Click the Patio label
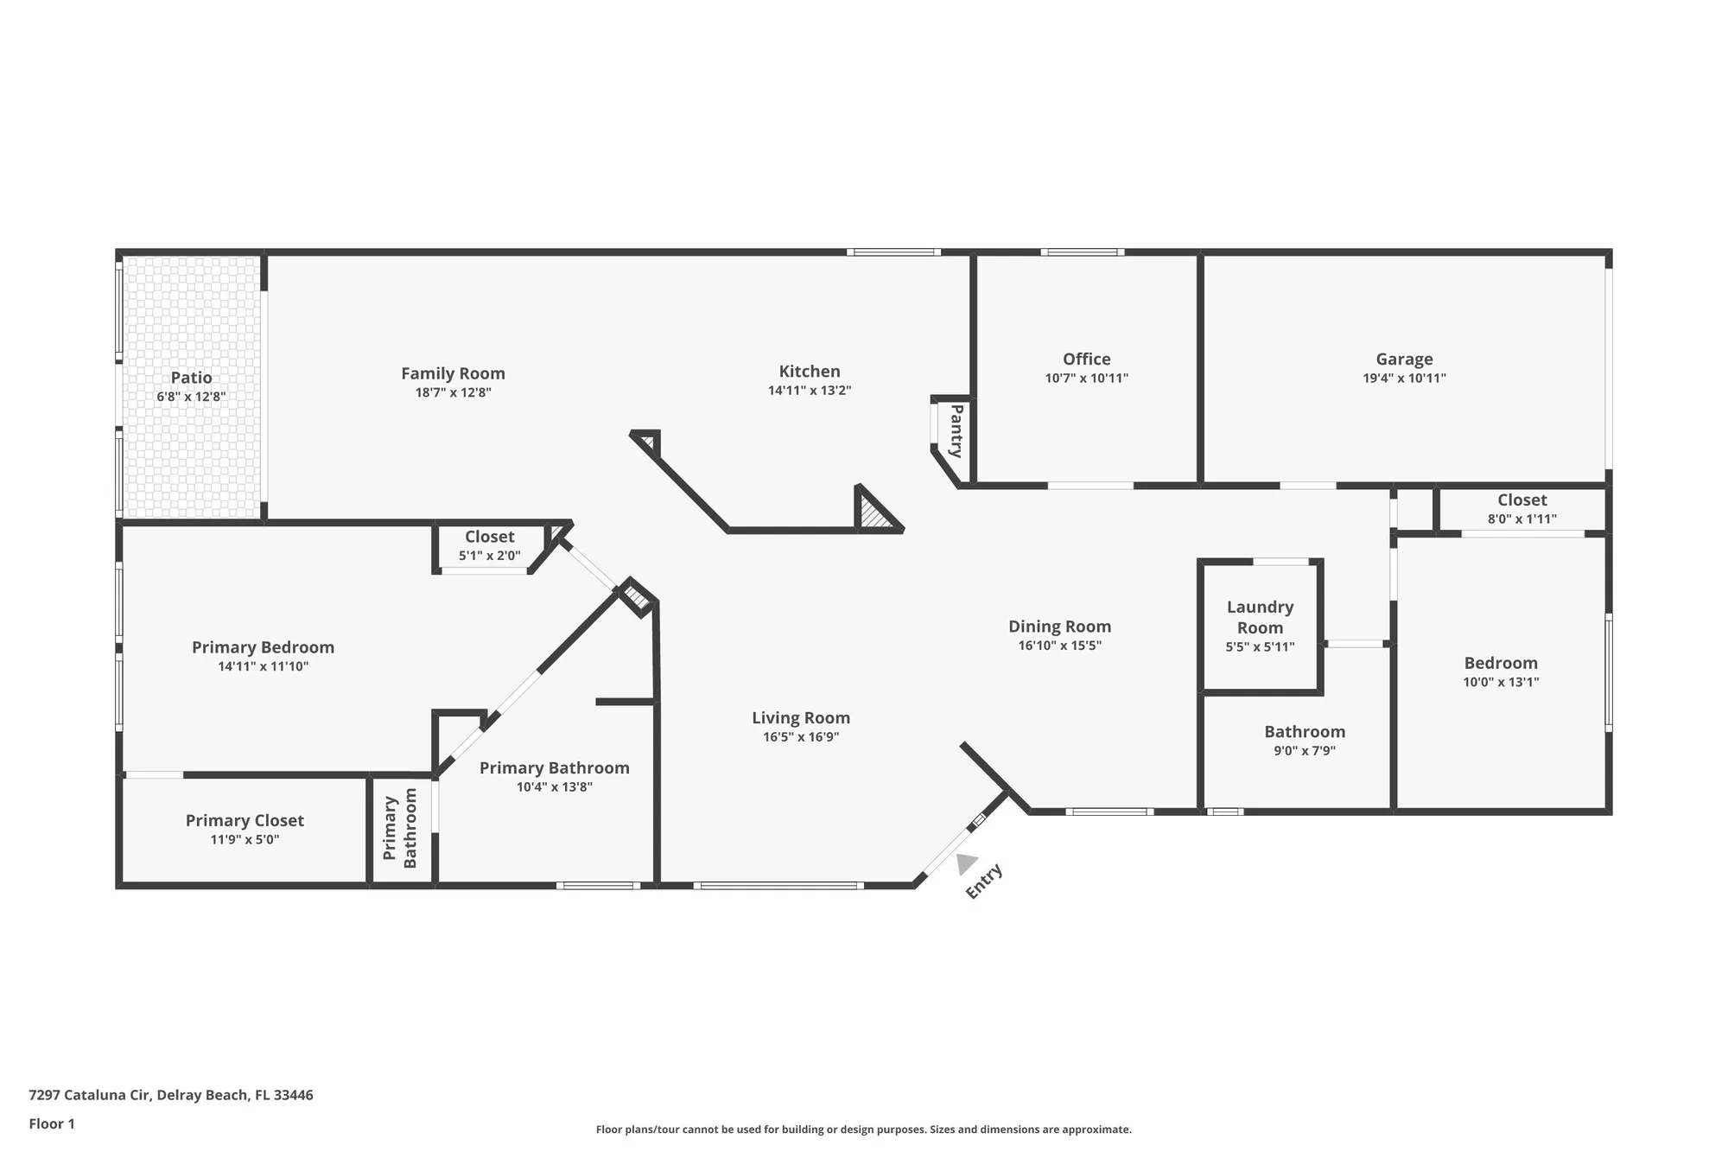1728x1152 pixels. click(191, 378)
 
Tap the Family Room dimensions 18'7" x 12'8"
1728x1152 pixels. click(453, 392)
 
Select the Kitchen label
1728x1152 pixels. click(810, 372)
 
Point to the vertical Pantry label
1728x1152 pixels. click(956, 430)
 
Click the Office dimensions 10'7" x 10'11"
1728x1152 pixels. click(1086, 378)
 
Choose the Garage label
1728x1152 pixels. click(1404, 360)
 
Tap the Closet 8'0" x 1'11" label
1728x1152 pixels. click(1522, 500)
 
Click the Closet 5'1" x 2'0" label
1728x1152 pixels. click(489, 537)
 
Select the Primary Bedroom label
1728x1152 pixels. click(263, 647)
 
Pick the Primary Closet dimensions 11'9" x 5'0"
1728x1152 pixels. click(245, 839)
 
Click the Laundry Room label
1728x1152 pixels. click(1260, 617)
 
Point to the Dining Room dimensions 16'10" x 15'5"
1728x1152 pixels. click(1059, 646)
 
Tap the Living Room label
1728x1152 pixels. click(800, 718)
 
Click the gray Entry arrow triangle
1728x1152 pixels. click(965, 862)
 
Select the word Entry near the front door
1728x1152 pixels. click(983, 882)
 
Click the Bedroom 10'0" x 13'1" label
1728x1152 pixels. click(1500, 664)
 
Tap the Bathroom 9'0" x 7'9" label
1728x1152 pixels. click(1304, 732)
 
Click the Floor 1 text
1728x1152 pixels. click(52, 1123)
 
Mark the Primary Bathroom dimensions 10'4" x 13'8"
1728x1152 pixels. click(554, 786)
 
